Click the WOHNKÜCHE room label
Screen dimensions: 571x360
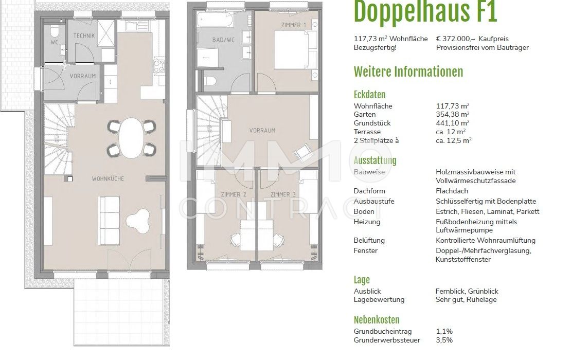coord(108,179)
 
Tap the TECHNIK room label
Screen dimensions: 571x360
coord(84,35)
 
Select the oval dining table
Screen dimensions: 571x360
coord(132,138)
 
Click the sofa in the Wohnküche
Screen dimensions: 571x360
coord(109,220)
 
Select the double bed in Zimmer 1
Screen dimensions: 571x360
coord(296,50)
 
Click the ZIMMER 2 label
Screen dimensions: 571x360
coord(234,195)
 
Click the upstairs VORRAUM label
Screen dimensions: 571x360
coord(262,130)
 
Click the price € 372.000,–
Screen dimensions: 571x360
coord(456,39)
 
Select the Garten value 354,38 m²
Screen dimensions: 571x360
coord(453,114)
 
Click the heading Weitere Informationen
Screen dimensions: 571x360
coord(408,72)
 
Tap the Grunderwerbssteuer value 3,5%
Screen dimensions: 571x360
coord(444,340)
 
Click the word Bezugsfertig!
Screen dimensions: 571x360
coord(375,48)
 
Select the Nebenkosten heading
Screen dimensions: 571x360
coord(377,320)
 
